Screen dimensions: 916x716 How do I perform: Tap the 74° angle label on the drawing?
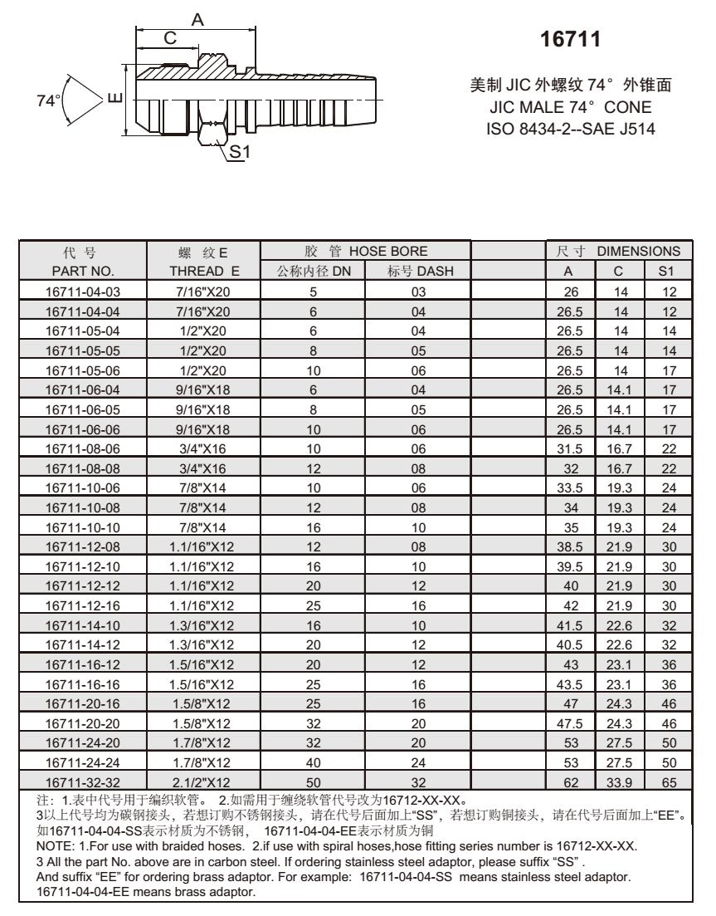coord(50,100)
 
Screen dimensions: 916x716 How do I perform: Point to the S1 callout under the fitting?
coord(240,152)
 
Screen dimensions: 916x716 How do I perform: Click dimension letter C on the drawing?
coord(169,38)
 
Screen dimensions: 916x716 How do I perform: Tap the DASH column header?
coord(418,270)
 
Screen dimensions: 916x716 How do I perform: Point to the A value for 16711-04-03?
coord(570,291)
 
